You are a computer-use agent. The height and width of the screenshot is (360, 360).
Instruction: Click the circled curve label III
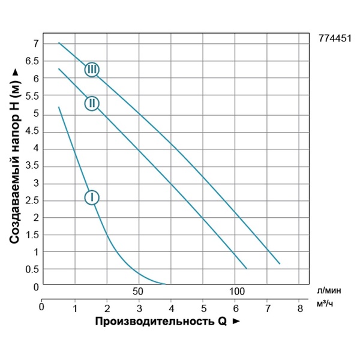click(91, 70)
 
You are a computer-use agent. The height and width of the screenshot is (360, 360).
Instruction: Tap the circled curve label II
click(91, 103)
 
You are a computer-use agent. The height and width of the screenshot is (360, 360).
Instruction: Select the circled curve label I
click(91, 197)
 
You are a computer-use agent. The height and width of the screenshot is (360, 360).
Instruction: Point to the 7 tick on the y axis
click(36, 44)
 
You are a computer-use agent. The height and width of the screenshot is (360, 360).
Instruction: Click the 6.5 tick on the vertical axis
click(31, 61)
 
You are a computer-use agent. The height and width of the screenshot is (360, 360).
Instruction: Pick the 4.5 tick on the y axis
click(31, 131)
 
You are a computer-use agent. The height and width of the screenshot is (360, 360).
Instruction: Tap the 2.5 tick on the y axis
click(31, 200)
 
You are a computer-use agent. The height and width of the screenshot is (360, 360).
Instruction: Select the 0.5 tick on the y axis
click(31, 269)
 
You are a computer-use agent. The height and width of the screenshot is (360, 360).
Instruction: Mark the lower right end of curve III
click(280, 263)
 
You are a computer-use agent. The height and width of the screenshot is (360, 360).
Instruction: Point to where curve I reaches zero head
click(166, 284)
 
